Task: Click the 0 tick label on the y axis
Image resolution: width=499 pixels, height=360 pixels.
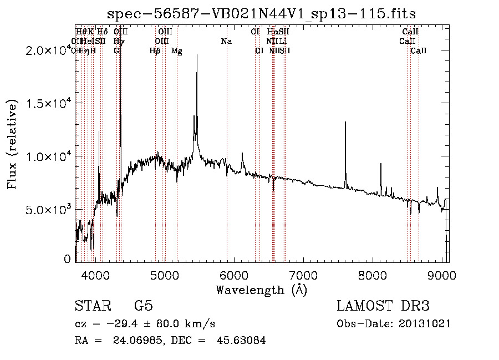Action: pos(68,259)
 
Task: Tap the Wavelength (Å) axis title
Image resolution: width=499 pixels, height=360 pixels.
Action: pos(261,290)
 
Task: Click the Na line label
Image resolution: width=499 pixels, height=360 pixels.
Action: pos(226,41)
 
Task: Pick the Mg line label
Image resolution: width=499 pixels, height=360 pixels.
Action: pos(177,50)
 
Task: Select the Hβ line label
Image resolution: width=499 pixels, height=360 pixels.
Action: pos(155,50)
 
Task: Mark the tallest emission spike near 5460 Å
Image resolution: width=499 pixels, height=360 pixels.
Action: pos(197,55)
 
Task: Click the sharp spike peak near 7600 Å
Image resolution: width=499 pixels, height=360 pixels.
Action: pos(345,123)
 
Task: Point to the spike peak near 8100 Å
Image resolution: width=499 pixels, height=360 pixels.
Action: pos(381,164)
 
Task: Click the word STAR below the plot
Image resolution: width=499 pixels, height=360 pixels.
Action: pos(92,306)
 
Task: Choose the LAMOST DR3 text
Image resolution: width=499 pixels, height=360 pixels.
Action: pos(383,306)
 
